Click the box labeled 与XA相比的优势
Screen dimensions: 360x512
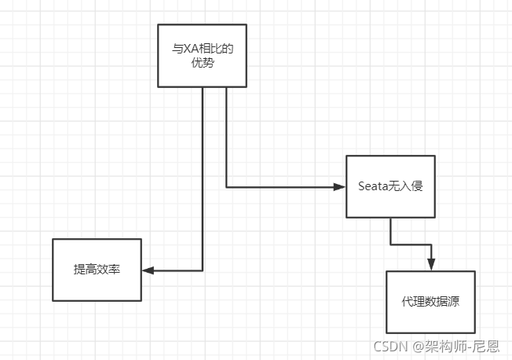[x=203, y=55]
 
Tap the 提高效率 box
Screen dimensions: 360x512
[x=97, y=270]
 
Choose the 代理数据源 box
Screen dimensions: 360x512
[x=430, y=302]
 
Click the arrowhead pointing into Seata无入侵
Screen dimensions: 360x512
[x=340, y=187]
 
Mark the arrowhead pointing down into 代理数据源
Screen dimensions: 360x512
[x=430, y=265]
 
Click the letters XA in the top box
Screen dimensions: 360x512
[x=189, y=49]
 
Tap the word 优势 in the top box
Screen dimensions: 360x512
[x=203, y=63]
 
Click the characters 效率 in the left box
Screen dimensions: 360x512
[x=108, y=270]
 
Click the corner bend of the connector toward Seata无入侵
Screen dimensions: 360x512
[x=226, y=187]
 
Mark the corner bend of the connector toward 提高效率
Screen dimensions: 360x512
[x=203, y=270]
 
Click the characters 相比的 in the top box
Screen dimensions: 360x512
[x=218, y=49]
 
